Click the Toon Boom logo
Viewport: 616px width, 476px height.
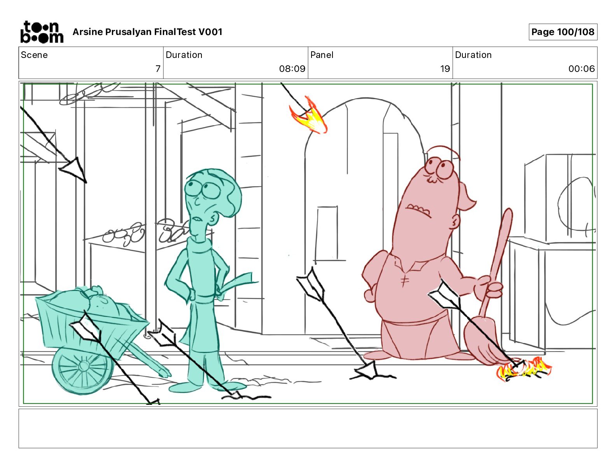pyautogui.click(x=42, y=32)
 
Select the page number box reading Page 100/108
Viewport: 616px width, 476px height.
pyautogui.click(x=563, y=32)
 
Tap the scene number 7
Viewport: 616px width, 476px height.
pyautogui.click(x=158, y=68)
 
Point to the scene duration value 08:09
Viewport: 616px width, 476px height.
pyautogui.click(x=292, y=68)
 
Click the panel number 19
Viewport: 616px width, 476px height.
pyautogui.click(x=445, y=68)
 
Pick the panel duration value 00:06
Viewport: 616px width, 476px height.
pyautogui.click(x=581, y=68)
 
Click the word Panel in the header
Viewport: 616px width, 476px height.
pyautogui.click(x=322, y=55)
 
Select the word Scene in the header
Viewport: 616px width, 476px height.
pyautogui.click(x=34, y=55)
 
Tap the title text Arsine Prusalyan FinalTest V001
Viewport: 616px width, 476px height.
pyautogui.click(x=147, y=32)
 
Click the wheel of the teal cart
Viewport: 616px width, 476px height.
pyautogui.click(x=82, y=369)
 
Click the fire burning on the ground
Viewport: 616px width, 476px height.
pyautogui.click(x=523, y=369)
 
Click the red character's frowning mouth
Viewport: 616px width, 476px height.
pyautogui.click(x=418, y=211)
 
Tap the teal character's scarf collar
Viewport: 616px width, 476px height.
pyautogui.click(x=199, y=244)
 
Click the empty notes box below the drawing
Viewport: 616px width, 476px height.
pyautogui.click(x=308, y=429)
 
